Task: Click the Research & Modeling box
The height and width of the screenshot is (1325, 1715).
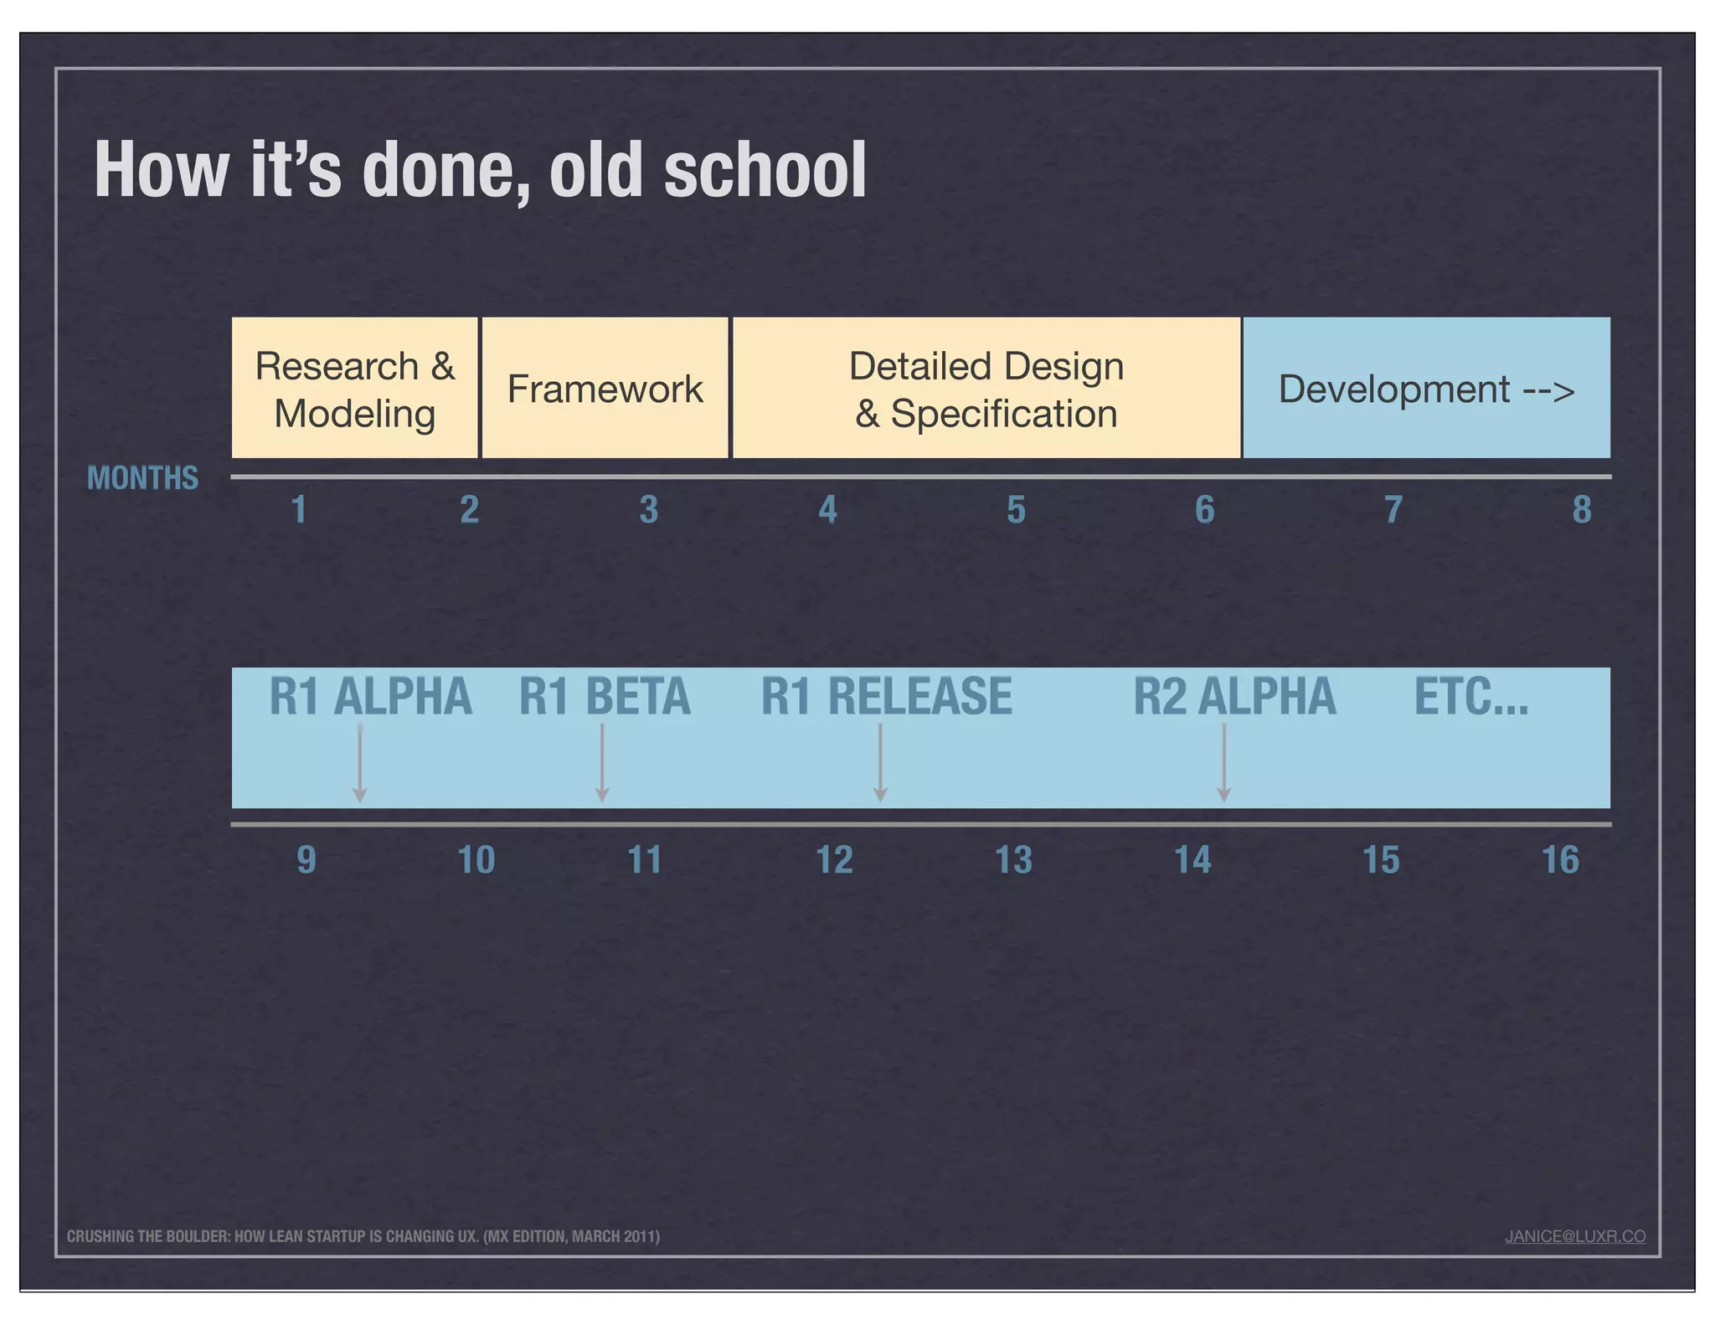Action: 354,389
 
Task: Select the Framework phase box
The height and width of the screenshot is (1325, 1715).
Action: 605,389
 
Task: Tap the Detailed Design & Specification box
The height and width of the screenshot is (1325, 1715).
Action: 986,389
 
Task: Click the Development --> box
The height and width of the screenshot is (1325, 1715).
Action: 1426,389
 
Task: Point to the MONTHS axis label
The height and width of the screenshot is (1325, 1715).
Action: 142,478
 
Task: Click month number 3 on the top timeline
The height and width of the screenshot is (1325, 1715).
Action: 648,510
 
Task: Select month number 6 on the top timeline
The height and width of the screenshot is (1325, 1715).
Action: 1204,510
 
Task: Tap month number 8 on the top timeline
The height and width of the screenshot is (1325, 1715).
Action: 1581,510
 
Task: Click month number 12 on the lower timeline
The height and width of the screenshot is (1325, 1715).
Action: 834,860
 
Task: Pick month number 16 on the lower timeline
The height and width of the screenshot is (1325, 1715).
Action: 1560,860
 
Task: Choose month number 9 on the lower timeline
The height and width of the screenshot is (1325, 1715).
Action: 306,860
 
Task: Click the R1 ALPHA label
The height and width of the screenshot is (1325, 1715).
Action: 370,697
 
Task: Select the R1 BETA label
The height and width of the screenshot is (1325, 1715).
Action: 605,697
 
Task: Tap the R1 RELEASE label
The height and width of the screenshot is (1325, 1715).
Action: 886,697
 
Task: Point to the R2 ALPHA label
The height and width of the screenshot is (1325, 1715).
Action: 1234,697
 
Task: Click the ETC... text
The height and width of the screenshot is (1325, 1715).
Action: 1470,697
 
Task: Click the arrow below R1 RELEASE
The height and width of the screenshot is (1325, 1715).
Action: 880,762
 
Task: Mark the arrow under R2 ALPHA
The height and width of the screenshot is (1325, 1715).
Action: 1223,762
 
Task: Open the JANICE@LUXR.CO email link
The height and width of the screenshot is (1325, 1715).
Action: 1574,1236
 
